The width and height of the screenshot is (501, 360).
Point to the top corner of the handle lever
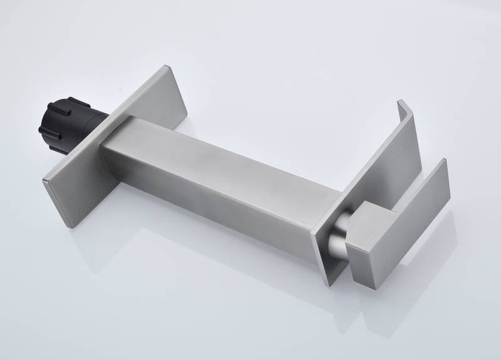tap(443, 161)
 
